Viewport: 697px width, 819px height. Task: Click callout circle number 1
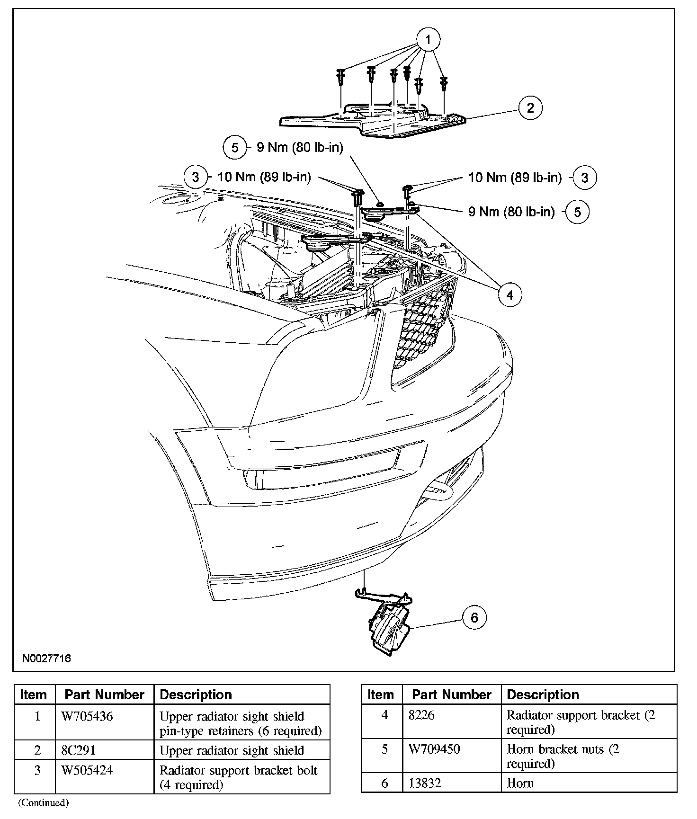428,40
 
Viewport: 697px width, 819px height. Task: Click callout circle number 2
530,108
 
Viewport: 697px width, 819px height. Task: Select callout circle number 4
509,295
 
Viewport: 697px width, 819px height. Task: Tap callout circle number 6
474,617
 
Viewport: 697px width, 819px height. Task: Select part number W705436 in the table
87,716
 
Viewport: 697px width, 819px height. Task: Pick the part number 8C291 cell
79,750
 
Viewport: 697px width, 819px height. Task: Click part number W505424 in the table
87,770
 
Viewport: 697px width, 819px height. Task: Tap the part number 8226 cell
421,715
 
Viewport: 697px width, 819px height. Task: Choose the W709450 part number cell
434,749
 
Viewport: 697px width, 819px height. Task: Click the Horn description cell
520,783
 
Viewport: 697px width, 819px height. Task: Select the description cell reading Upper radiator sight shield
232,750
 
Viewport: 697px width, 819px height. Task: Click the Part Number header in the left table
104,694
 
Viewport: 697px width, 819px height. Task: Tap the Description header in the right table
543,694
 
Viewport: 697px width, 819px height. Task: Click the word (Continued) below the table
44,802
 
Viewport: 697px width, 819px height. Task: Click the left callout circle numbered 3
196,178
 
